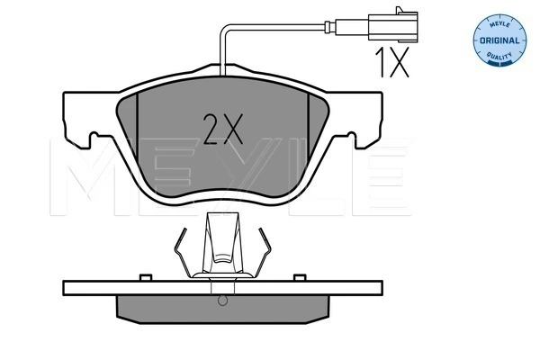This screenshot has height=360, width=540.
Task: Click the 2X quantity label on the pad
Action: [223, 129]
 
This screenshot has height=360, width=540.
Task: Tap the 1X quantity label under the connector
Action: [391, 62]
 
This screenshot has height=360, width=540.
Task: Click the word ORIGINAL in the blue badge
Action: [499, 40]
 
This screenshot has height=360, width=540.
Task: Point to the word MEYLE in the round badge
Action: [499, 24]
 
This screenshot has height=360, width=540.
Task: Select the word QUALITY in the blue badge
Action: [499, 56]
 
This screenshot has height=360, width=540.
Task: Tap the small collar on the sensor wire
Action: [330, 27]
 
